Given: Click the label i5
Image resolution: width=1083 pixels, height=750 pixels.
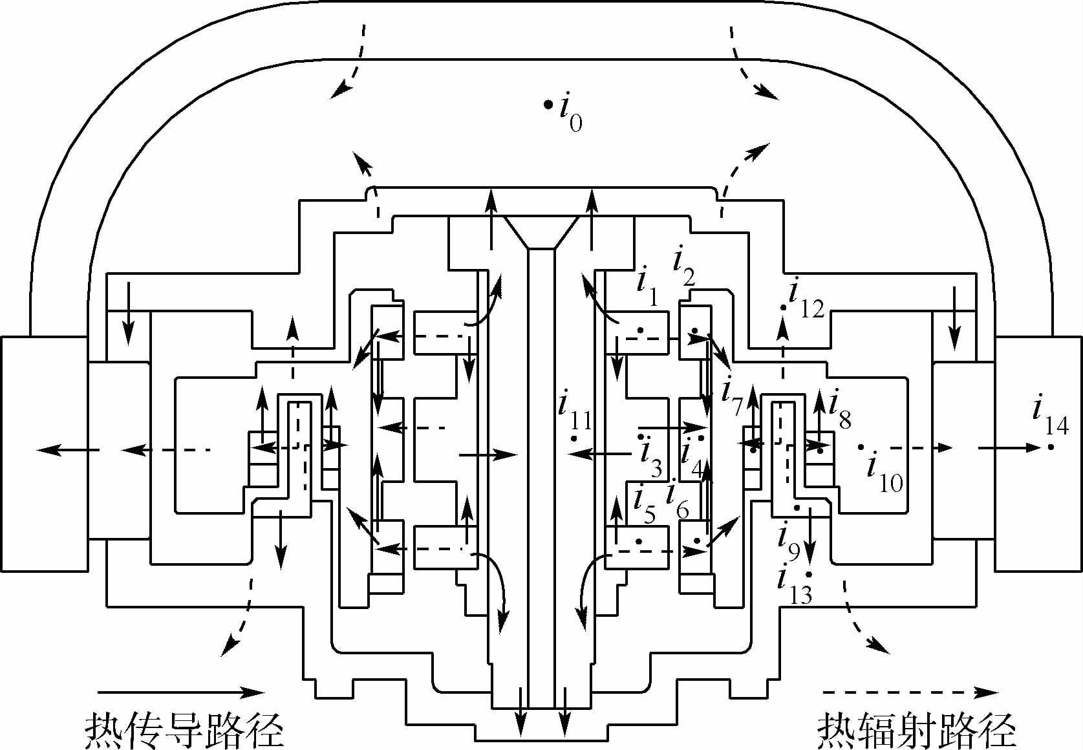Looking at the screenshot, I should (x=644, y=504).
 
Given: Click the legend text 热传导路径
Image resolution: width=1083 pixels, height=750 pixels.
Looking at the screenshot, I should (x=184, y=730).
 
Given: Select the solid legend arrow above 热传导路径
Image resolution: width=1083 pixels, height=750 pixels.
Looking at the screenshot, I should (x=181, y=692).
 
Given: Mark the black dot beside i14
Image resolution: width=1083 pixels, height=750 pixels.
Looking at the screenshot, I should (x=1051, y=447).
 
